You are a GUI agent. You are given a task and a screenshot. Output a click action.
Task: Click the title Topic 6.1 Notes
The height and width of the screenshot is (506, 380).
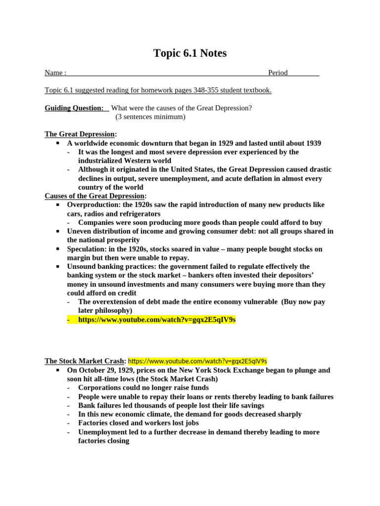click(x=190, y=53)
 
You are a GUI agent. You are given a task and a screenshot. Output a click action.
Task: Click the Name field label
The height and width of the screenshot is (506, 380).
click(x=55, y=73)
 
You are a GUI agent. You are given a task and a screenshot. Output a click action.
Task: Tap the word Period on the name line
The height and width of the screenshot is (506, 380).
click(x=278, y=73)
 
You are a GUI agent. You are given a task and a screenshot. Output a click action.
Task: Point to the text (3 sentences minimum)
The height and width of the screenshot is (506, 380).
click(x=150, y=117)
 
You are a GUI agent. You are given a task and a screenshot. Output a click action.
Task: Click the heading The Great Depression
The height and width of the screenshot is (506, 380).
click(x=80, y=134)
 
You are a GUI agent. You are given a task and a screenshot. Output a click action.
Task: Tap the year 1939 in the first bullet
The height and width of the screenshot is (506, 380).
click(x=311, y=143)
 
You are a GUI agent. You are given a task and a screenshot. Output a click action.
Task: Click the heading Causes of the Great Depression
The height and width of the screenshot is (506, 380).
click(x=95, y=196)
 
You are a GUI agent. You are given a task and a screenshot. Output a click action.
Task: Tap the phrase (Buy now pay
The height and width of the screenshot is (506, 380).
click(x=303, y=302)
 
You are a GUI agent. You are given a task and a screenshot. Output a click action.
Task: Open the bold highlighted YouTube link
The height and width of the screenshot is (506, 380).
click(x=157, y=320)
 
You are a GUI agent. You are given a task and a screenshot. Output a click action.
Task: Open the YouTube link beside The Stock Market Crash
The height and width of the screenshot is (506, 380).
click(x=197, y=361)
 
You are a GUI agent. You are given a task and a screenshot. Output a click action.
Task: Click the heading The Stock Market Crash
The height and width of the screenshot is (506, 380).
click(x=85, y=361)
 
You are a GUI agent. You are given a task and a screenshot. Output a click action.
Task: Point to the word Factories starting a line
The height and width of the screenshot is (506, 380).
click(x=93, y=423)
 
